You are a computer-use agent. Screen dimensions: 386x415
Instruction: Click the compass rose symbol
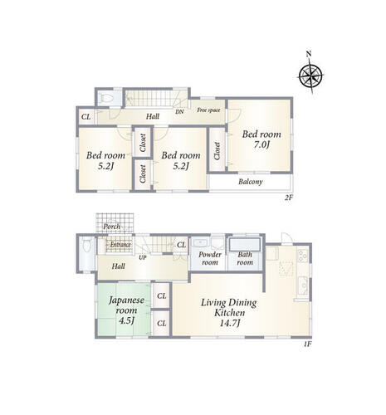click(x=310, y=74)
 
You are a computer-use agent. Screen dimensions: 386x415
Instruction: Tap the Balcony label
click(x=251, y=182)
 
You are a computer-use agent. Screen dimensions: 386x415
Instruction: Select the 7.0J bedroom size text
click(x=261, y=144)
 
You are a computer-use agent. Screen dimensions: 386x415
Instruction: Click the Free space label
click(x=208, y=110)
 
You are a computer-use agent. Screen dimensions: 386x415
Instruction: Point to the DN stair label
click(x=179, y=112)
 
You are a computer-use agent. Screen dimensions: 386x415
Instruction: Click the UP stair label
click(x=143, y=257)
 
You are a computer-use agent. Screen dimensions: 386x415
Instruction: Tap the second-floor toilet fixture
click(x=106, y=98)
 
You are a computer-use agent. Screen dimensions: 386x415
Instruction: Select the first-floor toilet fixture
click(x=86, y=246)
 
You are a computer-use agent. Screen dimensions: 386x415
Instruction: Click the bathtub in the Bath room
click(x=245, y=245)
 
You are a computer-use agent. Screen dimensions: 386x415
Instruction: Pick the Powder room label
click(x=210, y=258)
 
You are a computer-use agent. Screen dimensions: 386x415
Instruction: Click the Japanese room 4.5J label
click(x=126, y=310)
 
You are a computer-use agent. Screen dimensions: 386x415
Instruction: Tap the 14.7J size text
click(x=229, y=323)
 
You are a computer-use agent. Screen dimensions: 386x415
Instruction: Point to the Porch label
click(x=112, y=227)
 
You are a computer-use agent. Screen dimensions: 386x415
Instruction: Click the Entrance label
click(x=120, y=245)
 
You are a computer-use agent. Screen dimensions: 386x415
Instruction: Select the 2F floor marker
click(x=289, y=198)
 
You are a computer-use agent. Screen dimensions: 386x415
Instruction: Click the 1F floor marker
click(x=308, y=344)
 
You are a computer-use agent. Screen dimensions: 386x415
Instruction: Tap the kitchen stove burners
click(x=302, y=256)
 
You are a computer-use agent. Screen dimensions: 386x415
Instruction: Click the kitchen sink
click(x=302, y=286)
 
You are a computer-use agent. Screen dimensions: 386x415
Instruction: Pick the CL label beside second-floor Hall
click(x=86, y=117)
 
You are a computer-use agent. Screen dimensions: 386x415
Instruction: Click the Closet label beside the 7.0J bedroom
click(x=217, y=151)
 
